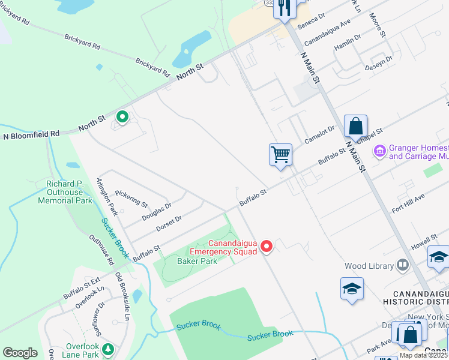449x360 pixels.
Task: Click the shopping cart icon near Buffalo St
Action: tap(280, 155)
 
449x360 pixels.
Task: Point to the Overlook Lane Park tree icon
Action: tap(108, 349)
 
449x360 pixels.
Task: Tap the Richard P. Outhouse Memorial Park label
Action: tap(65, 192)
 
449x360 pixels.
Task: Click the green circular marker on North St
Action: tap(122, 117)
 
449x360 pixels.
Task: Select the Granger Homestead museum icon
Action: tap(379, 150)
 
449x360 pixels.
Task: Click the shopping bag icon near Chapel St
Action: tap(355, 127)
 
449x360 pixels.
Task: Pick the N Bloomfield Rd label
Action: tap(32, 135)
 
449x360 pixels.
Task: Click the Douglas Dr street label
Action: tap(156, 209)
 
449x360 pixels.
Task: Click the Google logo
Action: tap(20, 353)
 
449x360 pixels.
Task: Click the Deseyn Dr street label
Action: tap(378, 64)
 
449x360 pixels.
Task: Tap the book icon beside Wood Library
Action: tap(402, 265)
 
